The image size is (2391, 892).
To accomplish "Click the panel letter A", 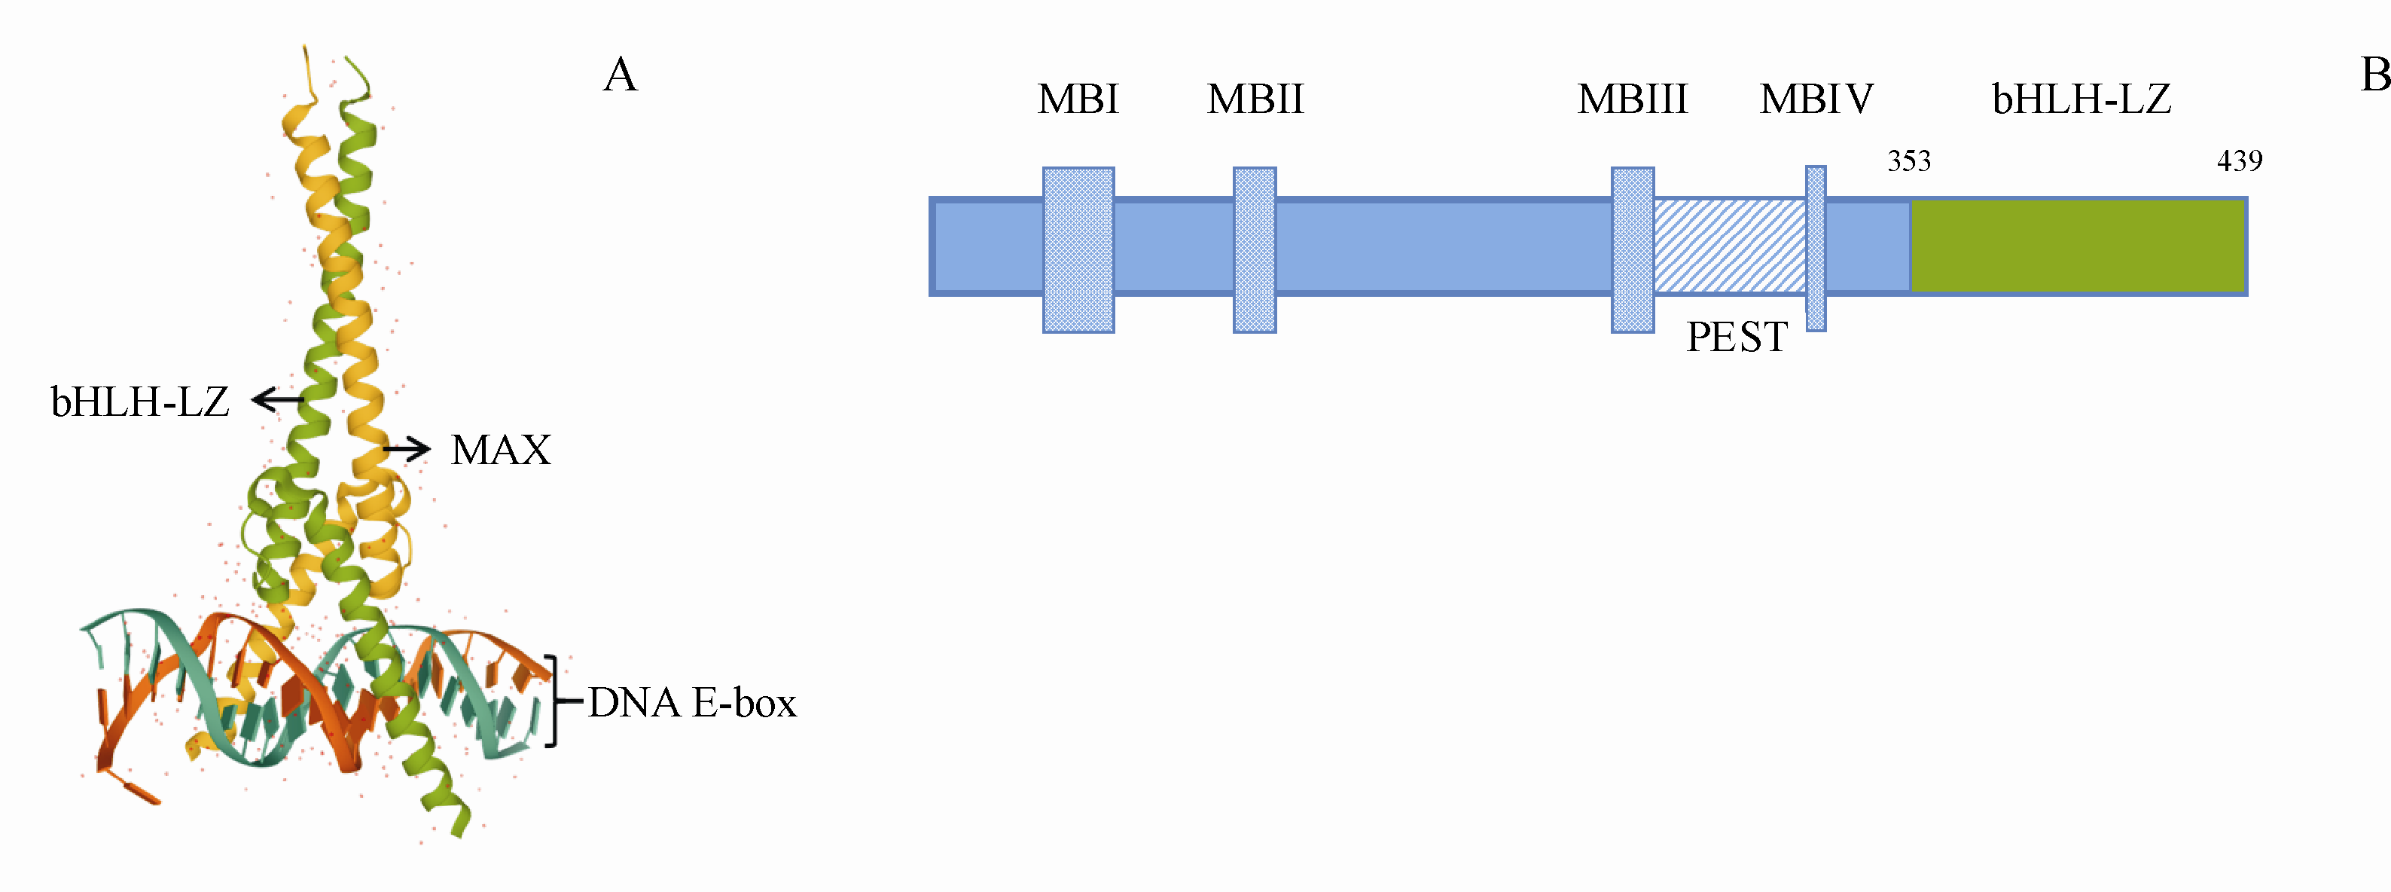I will (x=620, y=75).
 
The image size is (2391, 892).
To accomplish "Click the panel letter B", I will (x=2374, y=75).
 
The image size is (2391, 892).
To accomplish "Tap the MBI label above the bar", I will (x=1078, y=99).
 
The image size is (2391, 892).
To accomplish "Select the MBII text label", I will (x=1255, y=99).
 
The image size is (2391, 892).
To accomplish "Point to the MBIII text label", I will (x=1632, y=99).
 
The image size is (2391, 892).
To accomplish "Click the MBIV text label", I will (x=1816, y=99).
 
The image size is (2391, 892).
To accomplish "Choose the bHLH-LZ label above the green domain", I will (x=2081, y=99).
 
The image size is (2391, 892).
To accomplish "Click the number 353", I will (x=1908, y=161).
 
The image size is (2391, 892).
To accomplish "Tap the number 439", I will (x=2239, y=161).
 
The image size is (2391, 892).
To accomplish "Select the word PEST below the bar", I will (x=1736, y=337).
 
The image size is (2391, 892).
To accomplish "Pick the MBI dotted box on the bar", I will (x=1078, y=249).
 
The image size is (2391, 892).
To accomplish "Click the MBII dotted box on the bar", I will (x=1254, y=249).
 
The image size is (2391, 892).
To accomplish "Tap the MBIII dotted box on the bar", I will (x=1632, y=249).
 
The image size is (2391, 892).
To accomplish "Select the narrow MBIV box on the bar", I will (x=1816, y=248).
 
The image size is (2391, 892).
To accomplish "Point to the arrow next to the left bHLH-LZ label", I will (x=278, y=400).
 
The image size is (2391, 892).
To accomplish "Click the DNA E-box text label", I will (x=691, y=703).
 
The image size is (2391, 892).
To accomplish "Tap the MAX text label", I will (x=500, y=451).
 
